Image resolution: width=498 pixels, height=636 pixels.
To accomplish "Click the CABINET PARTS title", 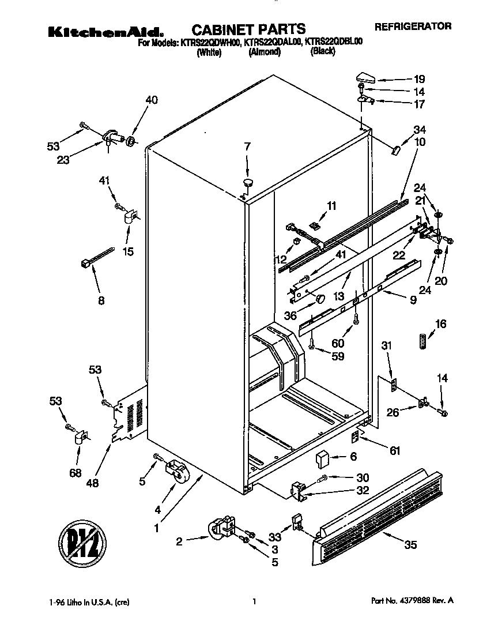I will pos(248,28).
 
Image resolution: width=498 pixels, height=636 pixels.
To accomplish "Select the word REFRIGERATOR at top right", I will pos(413,26).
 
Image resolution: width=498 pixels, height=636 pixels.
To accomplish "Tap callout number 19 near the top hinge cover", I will pos(419,79).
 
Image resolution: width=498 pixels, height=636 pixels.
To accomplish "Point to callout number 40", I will pos(151,99).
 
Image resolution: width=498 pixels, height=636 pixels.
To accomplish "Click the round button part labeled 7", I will pos(248,183).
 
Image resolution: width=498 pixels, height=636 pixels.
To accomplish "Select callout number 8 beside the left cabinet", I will pos(101,300).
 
